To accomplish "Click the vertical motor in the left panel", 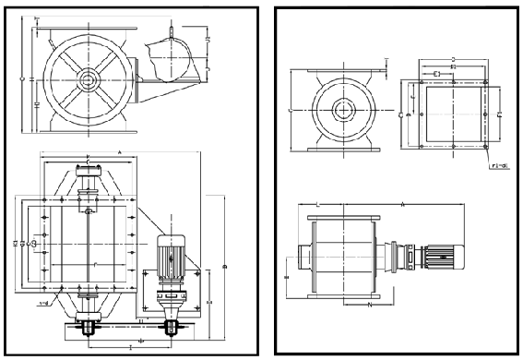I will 171,259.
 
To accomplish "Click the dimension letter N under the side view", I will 370,302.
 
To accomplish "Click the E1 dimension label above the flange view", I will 436,70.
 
